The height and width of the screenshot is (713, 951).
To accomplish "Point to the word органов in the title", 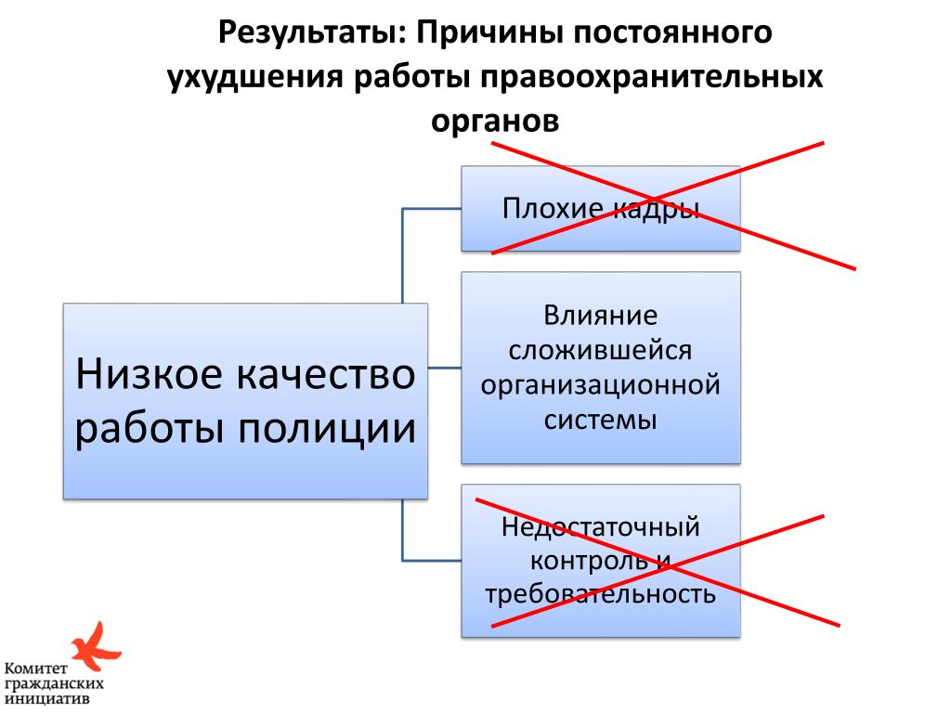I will [x=495, y=121].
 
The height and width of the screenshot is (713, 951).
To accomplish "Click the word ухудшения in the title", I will [x=254, y=77].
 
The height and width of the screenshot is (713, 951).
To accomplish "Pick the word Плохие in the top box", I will [x=540, y=208].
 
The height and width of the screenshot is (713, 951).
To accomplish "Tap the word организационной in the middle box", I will [x=601, y=383].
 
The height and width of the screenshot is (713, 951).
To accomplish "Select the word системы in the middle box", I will [x=601, y=419].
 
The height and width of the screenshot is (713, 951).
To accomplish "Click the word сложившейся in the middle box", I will [x=601, y=349].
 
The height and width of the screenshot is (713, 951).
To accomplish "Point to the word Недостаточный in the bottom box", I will [x=600, y=527].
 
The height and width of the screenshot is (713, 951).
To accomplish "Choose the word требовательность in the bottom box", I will [x=600, y=594].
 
